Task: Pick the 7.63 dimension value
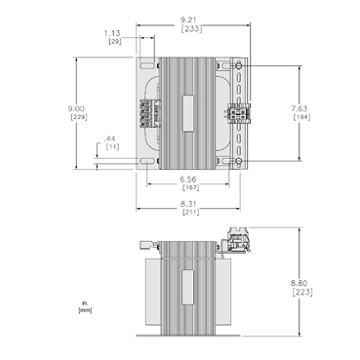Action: click(302, 108)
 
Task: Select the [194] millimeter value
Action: click(302, 118)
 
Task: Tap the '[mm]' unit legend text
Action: click(85, 310)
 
